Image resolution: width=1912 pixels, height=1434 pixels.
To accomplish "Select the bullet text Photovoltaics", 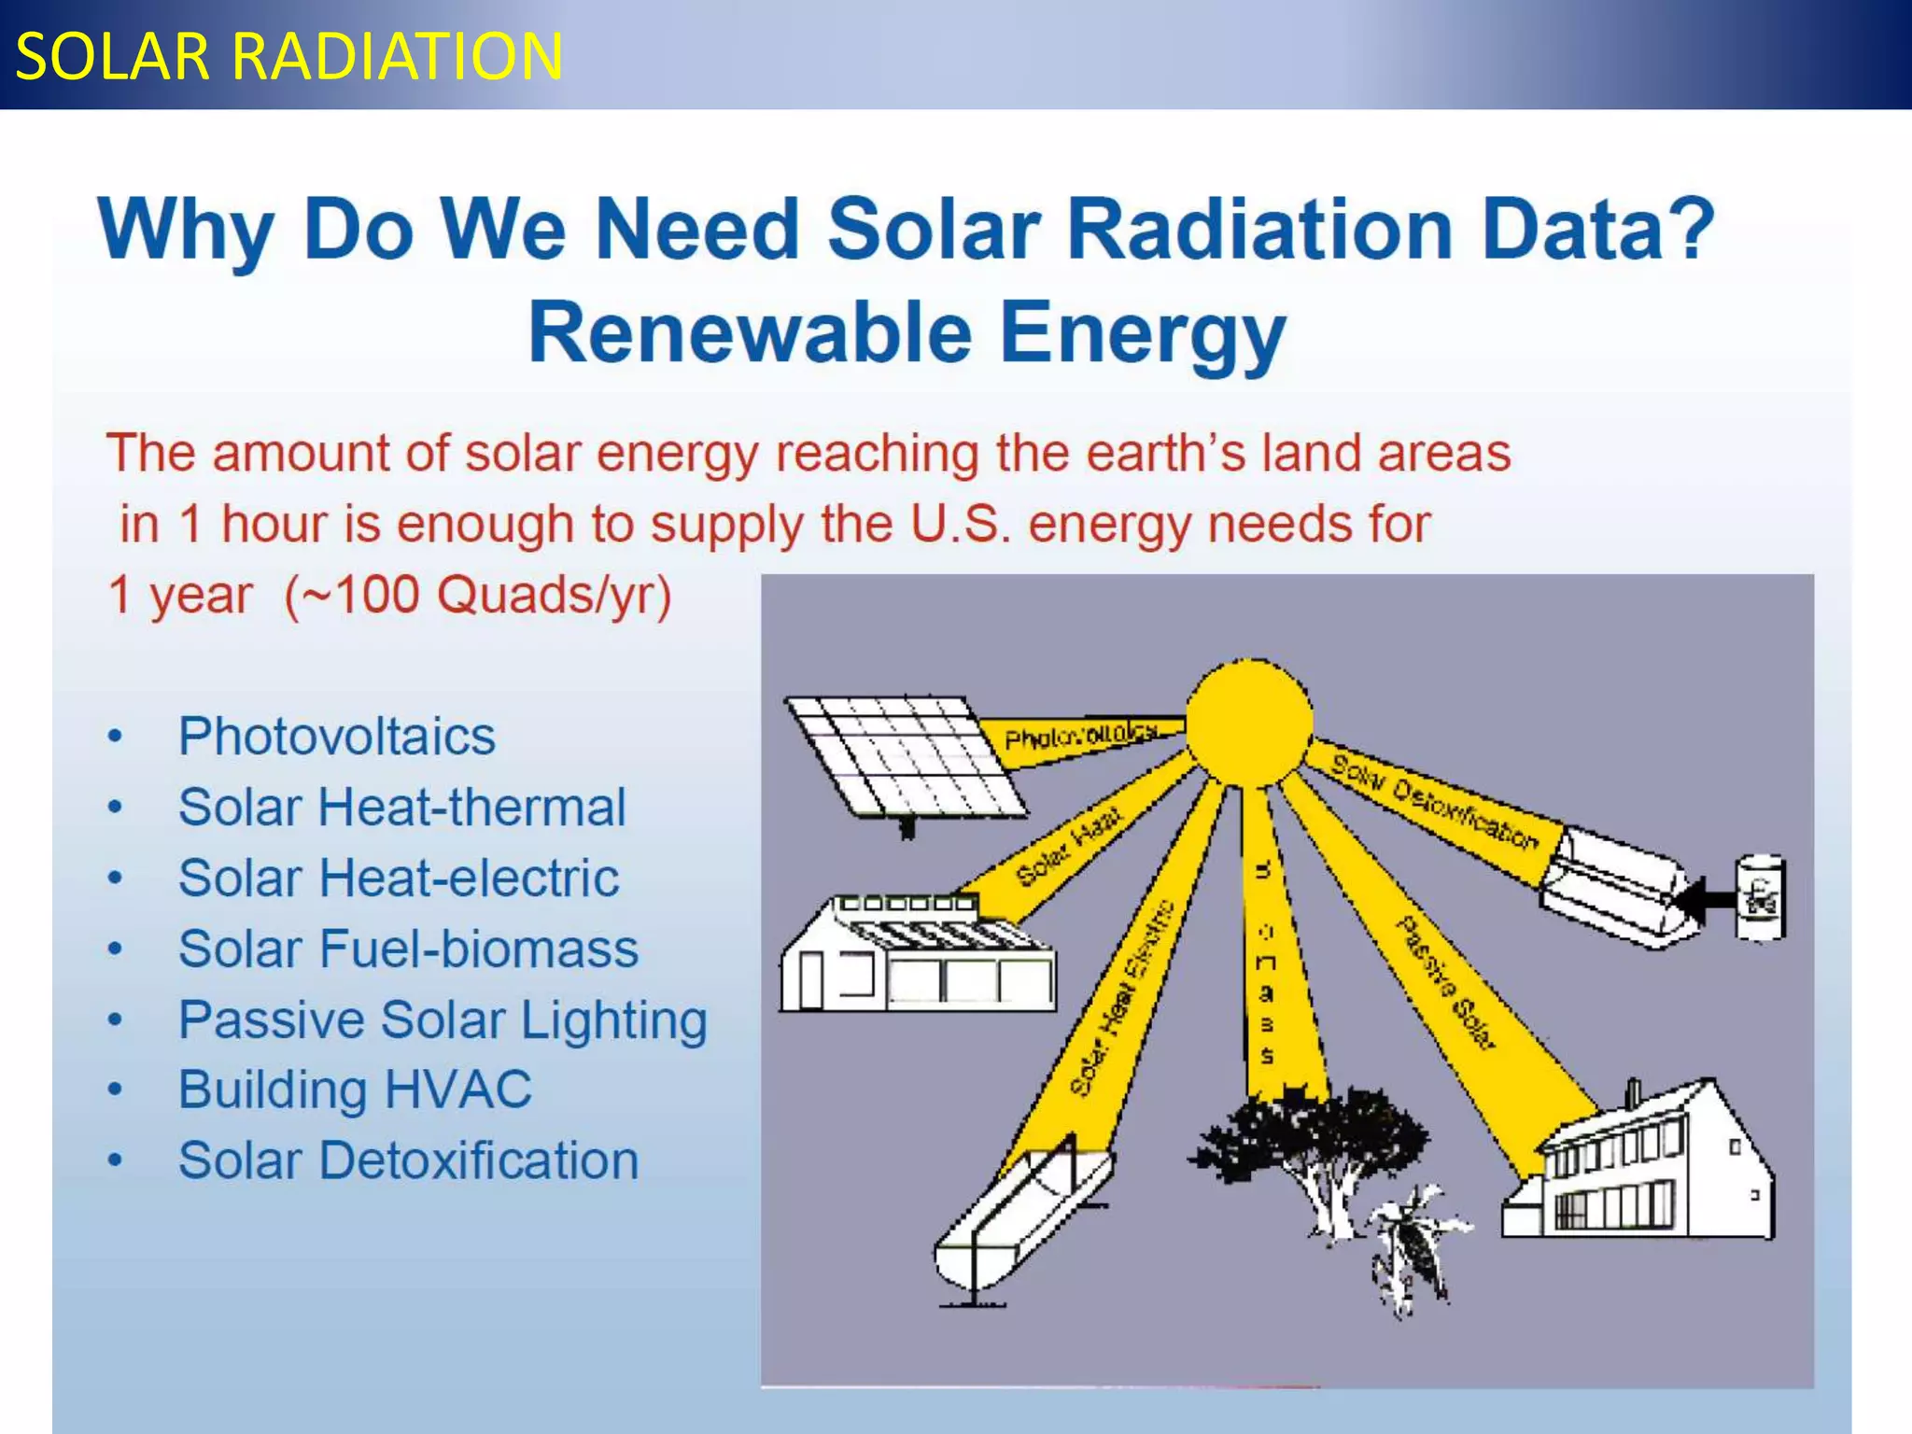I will (336, 736).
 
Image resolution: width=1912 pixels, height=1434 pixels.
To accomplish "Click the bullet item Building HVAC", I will (355, 1089).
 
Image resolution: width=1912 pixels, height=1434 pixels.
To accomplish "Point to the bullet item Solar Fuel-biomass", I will (408, 949).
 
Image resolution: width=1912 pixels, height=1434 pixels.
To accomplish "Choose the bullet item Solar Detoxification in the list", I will (408, 1160).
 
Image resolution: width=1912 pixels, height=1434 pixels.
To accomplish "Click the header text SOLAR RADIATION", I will (289, 56).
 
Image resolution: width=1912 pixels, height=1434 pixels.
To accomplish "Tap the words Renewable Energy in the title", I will (907, 334).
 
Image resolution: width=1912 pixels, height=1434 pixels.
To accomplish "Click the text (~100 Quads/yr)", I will (478, 595).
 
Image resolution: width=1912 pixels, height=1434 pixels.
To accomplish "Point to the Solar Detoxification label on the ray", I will (1434, 803).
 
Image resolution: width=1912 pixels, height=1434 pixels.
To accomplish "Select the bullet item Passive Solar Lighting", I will (443, 1019).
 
